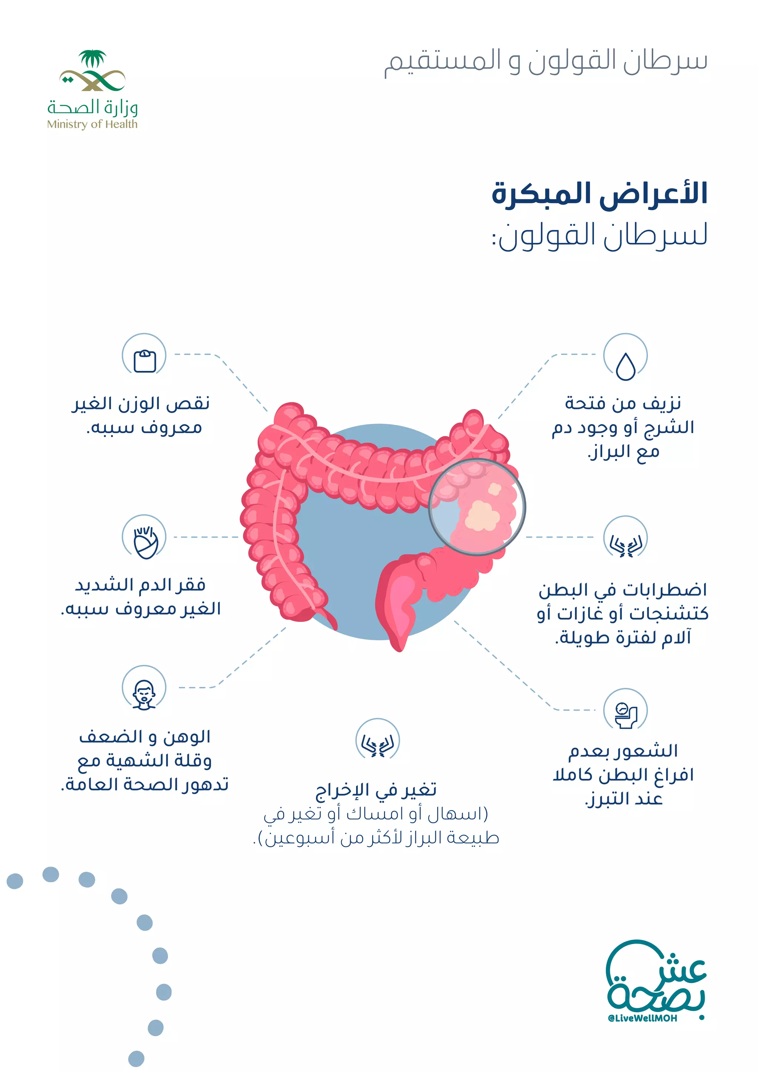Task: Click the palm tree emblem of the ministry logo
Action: click(x=93, y=59)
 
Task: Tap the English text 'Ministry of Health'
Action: click(x=93, y=124)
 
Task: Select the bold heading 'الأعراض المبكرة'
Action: click(x=600, y=193)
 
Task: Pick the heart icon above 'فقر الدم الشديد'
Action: click(x=145, y=543)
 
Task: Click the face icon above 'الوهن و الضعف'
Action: click(x=144, y=694)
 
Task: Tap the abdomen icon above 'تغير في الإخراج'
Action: click(x=378, y=746)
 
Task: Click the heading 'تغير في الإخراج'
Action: click(x=376, y=790)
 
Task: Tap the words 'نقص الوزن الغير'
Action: click(x=141, y=403)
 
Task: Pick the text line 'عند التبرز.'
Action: click(x=624, y=799)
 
